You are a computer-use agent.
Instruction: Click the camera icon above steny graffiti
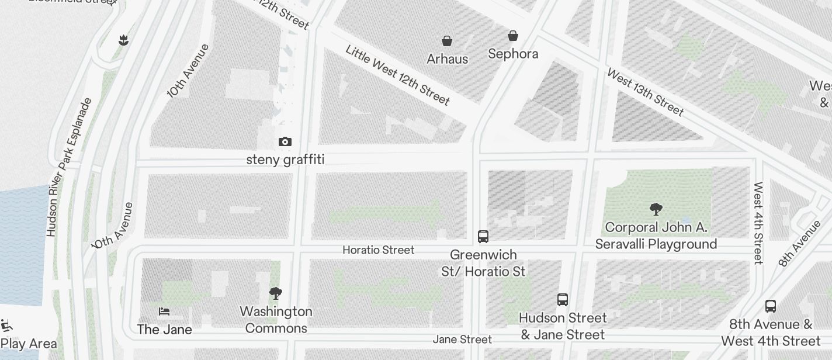coord(285,142)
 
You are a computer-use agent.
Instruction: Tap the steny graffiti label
coord(285,160)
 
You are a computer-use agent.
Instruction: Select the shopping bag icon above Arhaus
coord(447,41)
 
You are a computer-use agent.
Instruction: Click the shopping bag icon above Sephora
coord(513,36)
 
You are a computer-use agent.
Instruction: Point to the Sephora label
coord(513,54)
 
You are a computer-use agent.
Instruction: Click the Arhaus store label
coord(447,59)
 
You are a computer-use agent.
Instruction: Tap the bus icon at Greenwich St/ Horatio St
coord(483,237)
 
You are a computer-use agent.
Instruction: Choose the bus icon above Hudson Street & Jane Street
coord(563,300)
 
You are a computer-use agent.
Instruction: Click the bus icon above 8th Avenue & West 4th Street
coord(771,306)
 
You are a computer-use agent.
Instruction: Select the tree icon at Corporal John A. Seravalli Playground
coord(656,209)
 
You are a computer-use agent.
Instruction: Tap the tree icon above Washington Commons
coord(276,293)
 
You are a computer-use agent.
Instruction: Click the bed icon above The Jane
coord(164,311)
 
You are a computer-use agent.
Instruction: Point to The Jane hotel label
coord(164,330)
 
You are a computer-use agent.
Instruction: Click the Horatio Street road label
coord(378,250)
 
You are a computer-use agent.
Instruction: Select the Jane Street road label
coord(462,340)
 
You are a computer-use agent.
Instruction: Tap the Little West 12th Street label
coord(398,75)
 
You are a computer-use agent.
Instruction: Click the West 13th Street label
coord(645,92)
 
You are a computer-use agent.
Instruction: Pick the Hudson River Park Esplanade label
coord(69,167)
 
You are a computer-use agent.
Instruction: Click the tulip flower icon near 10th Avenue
coord(123,40)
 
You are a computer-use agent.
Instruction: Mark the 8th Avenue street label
coord(799,243)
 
